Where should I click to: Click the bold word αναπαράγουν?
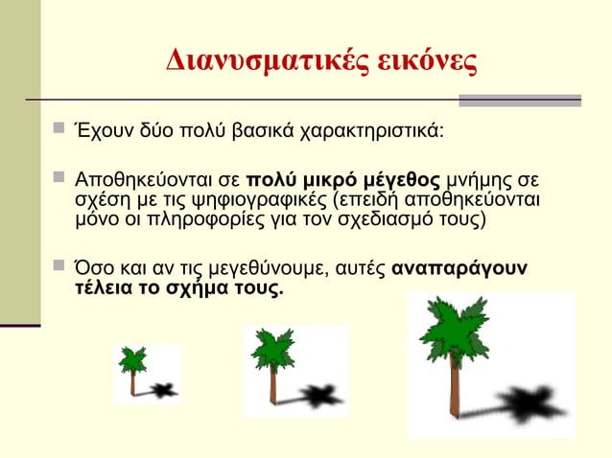click(460, 268)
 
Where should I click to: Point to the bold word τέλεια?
click(101, 287)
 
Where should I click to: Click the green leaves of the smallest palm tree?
click(131, 359)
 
